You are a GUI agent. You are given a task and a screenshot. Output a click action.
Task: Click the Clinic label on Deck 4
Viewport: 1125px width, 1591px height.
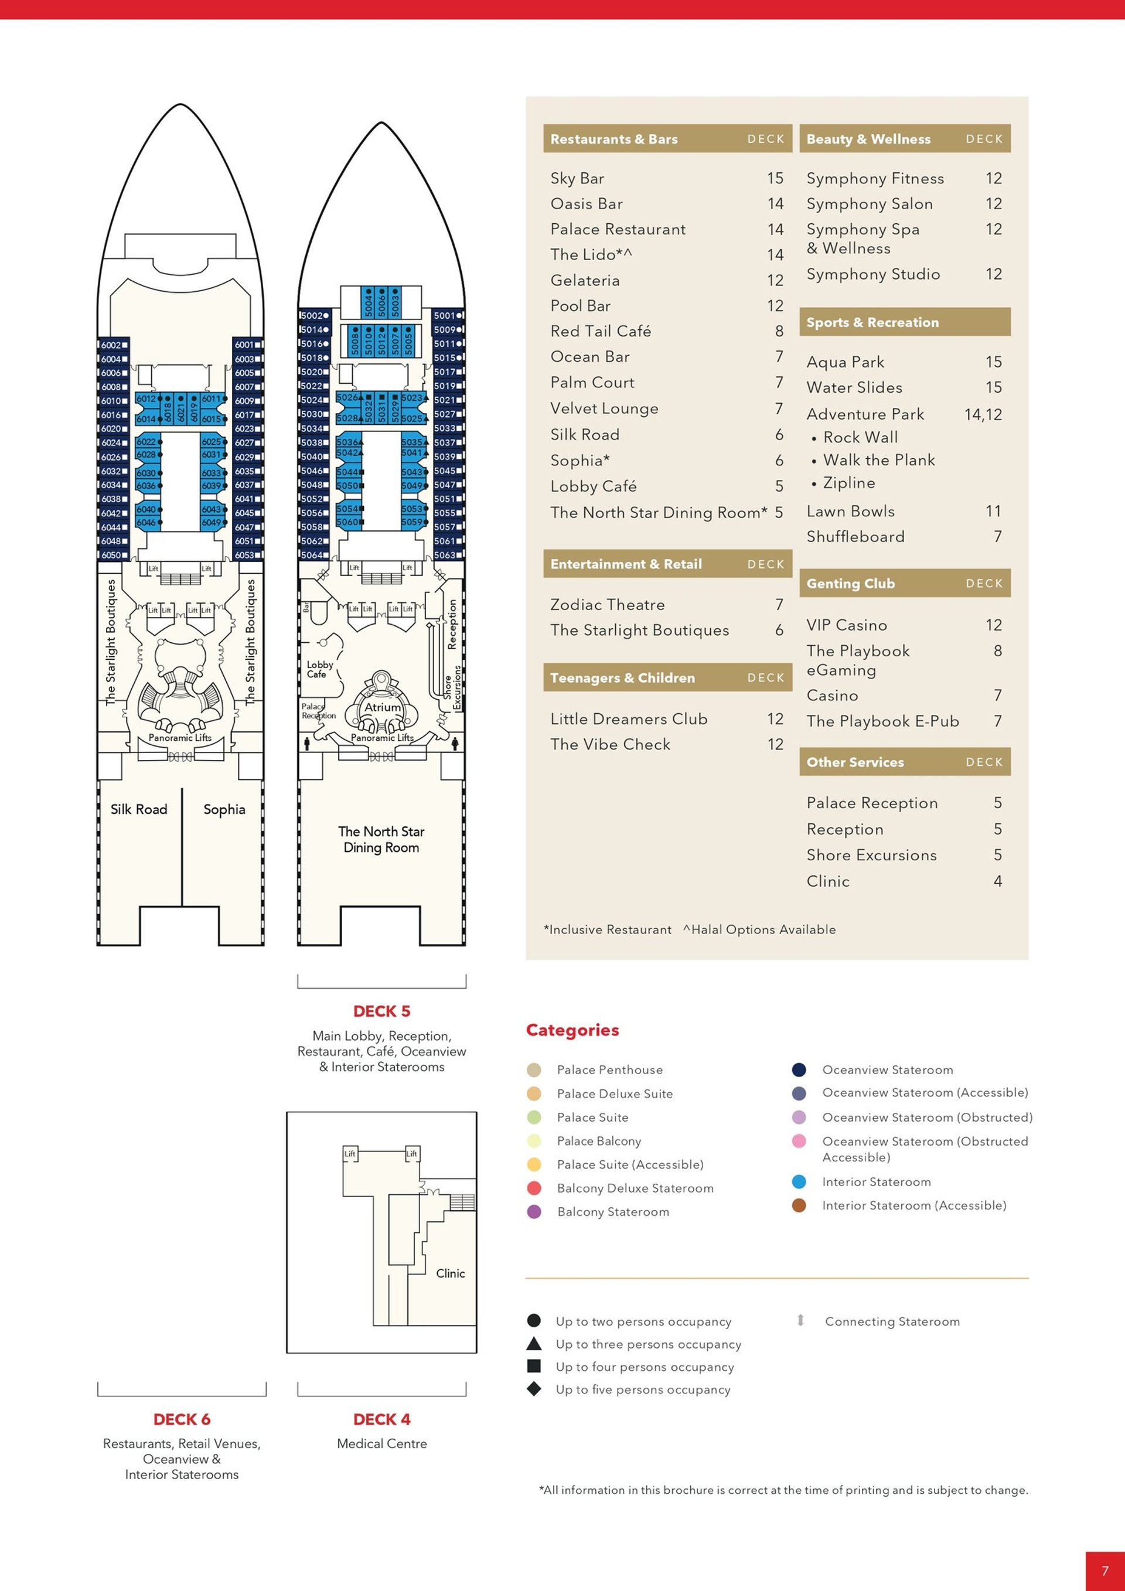pos(450,1273)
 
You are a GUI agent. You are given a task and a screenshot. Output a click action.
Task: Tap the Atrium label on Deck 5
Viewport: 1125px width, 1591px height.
pos(383,707)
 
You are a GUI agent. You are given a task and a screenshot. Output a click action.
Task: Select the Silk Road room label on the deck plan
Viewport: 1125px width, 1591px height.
pos(138,809)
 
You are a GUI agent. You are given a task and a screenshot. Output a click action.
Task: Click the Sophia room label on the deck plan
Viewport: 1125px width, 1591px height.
pos(224,809)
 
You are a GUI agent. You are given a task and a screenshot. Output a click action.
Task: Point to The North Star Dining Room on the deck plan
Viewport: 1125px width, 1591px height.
pos(381,839)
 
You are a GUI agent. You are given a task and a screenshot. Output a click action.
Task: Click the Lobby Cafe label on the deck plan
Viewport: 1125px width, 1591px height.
pos(319,669)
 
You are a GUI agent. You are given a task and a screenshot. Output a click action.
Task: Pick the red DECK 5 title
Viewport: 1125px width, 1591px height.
pos(381,1011)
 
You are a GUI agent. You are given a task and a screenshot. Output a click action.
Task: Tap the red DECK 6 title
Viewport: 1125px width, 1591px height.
pos(182,1419)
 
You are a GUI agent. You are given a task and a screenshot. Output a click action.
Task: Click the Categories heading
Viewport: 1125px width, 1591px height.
pos(572,1030)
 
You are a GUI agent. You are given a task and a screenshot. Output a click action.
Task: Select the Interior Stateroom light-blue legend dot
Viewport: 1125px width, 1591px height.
pos(799,1181)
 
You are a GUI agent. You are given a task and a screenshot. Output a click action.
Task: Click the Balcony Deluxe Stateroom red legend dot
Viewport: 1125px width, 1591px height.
pos(533,1188)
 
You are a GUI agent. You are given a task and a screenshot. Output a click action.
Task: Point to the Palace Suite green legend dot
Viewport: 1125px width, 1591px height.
pos(533,1117)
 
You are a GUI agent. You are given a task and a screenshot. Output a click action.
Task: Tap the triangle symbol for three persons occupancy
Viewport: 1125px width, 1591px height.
pos(533,1344)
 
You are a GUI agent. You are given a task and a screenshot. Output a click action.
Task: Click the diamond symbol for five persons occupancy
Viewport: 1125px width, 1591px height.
pos(533,1389)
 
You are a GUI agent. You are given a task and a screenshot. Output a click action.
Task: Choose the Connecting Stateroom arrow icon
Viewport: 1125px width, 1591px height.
pos(800,1320)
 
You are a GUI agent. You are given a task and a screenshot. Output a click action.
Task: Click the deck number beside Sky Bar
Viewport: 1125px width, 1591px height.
pos(775,178)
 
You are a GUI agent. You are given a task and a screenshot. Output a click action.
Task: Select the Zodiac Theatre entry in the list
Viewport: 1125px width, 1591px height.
pos(607,604)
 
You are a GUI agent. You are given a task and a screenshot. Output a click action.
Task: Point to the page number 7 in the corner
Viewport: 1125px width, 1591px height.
pos(1105,1571)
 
